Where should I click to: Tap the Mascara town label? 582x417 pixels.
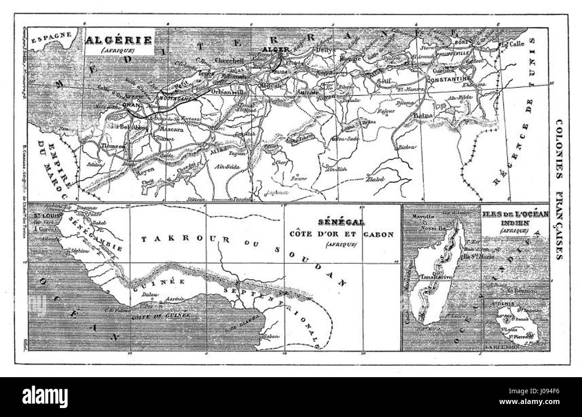pos(166,133)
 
